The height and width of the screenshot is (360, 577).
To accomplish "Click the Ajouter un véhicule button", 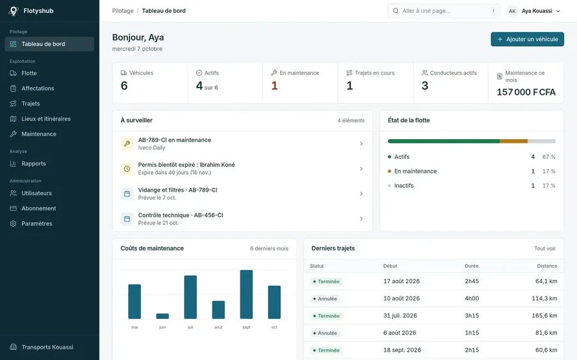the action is click(527, 39).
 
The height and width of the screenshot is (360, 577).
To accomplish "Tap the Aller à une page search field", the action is click(444, 11).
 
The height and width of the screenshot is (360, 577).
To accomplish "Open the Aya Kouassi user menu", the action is click(533, 11).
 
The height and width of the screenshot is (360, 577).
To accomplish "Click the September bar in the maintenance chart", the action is click(246, 294).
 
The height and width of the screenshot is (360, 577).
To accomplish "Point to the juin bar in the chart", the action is click(162, 316).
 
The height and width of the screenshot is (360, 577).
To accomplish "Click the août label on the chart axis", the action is click(218, 327).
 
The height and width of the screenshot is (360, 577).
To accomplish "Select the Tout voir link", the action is click(544, 249).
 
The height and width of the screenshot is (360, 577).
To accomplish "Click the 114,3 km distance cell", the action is click(544, 299).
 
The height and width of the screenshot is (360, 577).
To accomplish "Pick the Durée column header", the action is click(471, 266).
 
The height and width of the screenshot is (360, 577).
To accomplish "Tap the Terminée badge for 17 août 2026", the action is click(326, 282).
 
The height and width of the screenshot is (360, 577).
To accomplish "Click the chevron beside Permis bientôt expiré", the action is click(362, 168).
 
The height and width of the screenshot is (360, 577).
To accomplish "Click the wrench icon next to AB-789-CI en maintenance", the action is click(127, 143).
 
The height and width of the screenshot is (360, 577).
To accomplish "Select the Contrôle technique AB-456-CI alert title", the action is click(181, 215).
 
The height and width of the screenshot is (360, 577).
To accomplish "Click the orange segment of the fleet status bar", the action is click(514, 141).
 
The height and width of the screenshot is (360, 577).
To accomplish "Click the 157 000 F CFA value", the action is click(526, 92).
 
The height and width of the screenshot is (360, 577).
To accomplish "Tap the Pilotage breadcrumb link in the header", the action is click(123, 11).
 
